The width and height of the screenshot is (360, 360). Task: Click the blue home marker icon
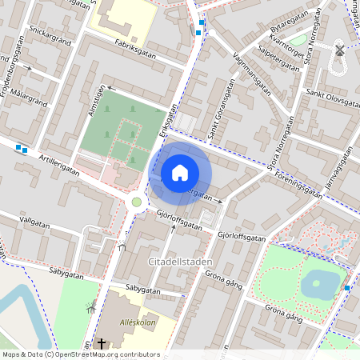pyautogui.click(x=180, y=173)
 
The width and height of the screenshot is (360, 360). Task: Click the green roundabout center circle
pyautogui.click(x=137, y=202)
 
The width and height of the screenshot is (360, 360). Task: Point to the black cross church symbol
pyautogui.click(x=102, y=344)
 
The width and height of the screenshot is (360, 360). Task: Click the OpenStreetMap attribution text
pyautogui.click(x=80, y=354)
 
